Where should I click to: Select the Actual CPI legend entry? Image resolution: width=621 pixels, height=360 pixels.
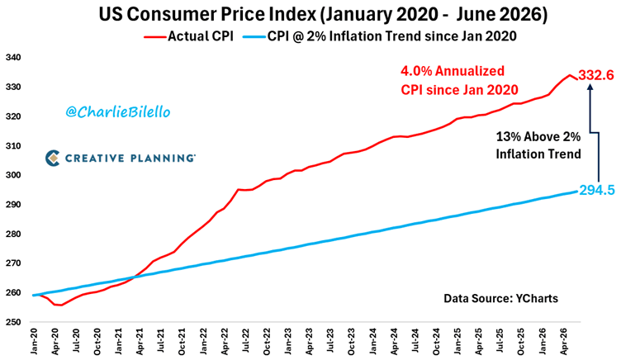188,36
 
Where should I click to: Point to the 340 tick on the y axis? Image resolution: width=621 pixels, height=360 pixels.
13,58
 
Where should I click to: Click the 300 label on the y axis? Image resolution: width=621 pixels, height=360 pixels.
13,175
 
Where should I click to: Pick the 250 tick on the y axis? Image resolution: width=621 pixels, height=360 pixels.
13,322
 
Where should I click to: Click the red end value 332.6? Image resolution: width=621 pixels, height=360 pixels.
596,75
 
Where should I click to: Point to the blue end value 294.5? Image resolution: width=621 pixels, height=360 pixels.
597,191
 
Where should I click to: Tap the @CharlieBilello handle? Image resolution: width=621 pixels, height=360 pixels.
117,112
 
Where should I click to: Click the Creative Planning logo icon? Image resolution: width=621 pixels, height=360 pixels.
52,158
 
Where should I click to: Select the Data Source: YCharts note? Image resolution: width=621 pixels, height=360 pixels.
500,298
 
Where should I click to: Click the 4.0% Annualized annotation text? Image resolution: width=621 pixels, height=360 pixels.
453,71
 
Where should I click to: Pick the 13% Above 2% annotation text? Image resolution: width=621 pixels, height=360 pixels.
538,137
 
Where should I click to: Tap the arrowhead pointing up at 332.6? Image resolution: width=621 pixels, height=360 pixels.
590,88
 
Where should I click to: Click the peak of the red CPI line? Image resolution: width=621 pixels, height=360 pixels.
570,75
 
